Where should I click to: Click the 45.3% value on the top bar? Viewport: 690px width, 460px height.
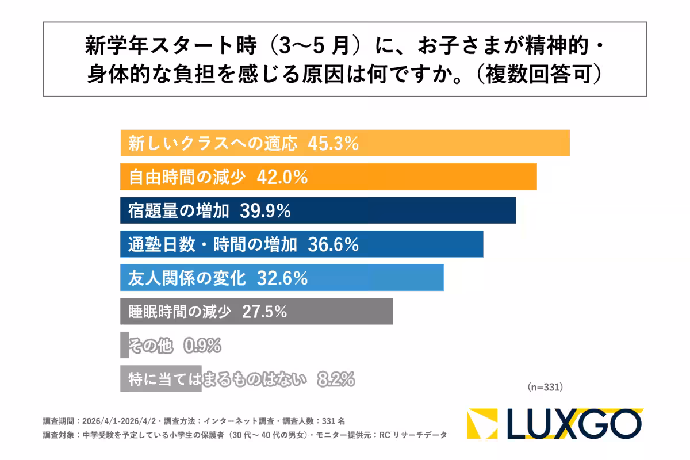(333, 144)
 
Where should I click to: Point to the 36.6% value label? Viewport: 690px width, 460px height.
(333, 245)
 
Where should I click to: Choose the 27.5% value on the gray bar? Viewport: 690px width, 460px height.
(264, 312)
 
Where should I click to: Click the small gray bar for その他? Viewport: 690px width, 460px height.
(125, 346)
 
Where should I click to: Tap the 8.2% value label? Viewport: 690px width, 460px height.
(336, 379)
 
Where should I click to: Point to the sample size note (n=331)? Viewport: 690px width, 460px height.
(545, 388)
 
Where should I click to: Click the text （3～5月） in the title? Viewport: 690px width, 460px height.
(310, 45)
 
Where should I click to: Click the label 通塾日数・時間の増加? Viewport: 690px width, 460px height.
(213, 245)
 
